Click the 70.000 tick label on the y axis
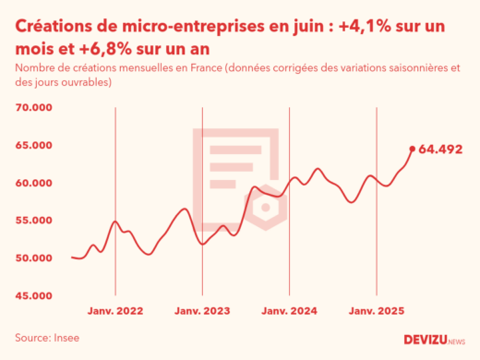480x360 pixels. pyautogui.click(x=34, y=108)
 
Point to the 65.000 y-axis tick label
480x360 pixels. pyautogui.click(x=34, y=146)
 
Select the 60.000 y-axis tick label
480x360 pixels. pyautogui.click(x=34, y=183)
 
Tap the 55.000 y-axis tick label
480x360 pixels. pyautogui.click(x=34, y=221)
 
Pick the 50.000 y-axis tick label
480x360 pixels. pyautogui.click(x=34, y=258)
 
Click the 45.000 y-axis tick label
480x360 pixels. pyautogui.click(x=34, y=295)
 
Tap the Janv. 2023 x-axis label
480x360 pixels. pyautogui.click(x=203, y=311)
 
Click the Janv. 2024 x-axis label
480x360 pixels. pyautogui.click(x=290, y=311)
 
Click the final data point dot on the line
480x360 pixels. pyautogui.click(x=412, y=148)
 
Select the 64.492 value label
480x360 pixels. pyautogui.click(x=439, y=149)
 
